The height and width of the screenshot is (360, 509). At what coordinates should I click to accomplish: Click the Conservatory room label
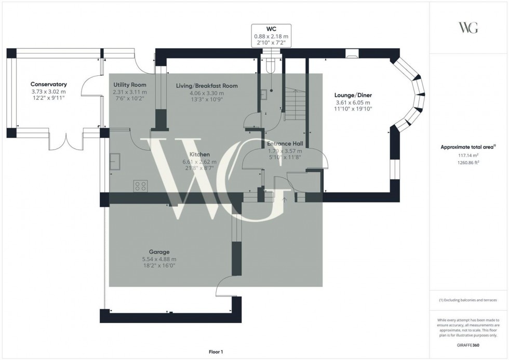(x=48, y=84)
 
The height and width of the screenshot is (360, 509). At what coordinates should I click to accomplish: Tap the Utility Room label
(x=129, y=85)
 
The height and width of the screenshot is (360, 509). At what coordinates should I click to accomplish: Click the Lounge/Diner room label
(x=354, y=95)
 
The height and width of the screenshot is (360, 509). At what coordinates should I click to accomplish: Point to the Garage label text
(x=159, y=252)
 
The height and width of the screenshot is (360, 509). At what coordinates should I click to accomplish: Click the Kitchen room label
(x=199, y=155)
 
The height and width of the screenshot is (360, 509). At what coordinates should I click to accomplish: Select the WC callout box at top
(x=271, y=35)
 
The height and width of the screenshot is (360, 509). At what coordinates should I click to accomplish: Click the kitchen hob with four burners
(x=140, y=185)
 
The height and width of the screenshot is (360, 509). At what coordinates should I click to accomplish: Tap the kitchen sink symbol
(x=114, y=162)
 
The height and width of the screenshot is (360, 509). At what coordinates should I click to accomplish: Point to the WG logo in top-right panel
(x=468, y=28)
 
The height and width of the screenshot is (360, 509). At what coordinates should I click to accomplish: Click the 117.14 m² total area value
(x=468, y=155)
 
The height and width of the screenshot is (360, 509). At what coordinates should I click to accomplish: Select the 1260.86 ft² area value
(x=468, y=162)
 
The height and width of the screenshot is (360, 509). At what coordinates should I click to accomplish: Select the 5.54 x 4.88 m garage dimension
(x=159, y=259)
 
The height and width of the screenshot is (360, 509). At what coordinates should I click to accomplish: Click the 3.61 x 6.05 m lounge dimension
(x=354, y=102)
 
